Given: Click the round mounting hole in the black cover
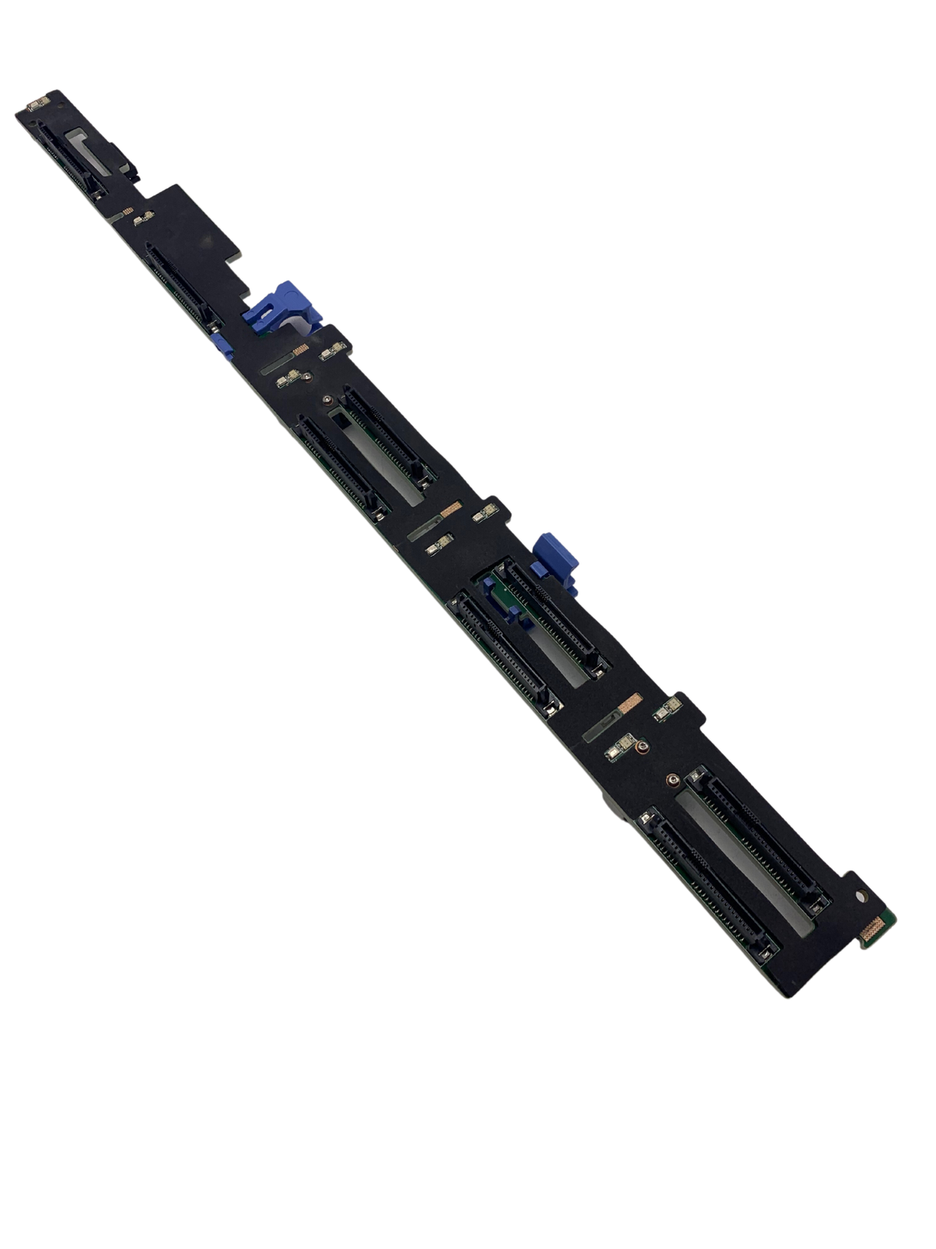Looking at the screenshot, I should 861,898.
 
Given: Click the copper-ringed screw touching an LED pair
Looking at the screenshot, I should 640,749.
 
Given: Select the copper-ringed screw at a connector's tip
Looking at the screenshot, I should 672,778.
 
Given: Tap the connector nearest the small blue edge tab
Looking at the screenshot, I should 181,285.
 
